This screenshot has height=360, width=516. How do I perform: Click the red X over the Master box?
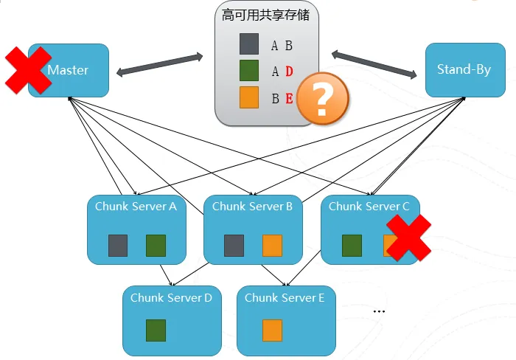click(x=28, y=70)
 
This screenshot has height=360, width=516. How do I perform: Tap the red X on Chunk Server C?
click(x=408, y=238)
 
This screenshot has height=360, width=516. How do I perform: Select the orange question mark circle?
click(x=323, y=98)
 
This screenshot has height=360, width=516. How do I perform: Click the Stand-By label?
click(x=464, y=69)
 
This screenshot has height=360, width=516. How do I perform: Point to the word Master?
click(x=68, y=70)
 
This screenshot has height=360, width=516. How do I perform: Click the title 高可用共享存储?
click(x=265, y=15)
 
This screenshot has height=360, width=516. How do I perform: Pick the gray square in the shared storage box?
click(x=249, y=44)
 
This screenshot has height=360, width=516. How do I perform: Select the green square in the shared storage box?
click(x=249, y=71)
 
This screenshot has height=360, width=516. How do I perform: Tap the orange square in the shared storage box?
click(x=249, y=97)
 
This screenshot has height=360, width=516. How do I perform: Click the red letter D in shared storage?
click(x=289, y=71)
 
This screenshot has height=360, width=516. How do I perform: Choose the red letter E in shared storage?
click(x=289, y=98)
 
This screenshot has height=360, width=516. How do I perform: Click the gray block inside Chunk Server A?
click(x=118, y=246)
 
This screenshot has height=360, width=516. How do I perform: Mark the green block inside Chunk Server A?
click(x=156, y=246)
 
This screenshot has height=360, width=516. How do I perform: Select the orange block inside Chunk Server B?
click(x=273, y=246)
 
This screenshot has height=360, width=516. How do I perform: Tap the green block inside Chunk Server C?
click(x=352, y=246)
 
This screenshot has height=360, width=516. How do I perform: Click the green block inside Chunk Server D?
click(x=156, y=330)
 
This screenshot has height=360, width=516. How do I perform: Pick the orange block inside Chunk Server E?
click(x=273, y=330)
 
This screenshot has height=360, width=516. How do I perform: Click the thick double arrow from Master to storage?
click(x=160, y=65)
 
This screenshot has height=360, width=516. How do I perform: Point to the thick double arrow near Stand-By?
click(x=374, y=64)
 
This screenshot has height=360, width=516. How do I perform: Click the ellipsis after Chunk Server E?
click(x=379, y=311)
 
